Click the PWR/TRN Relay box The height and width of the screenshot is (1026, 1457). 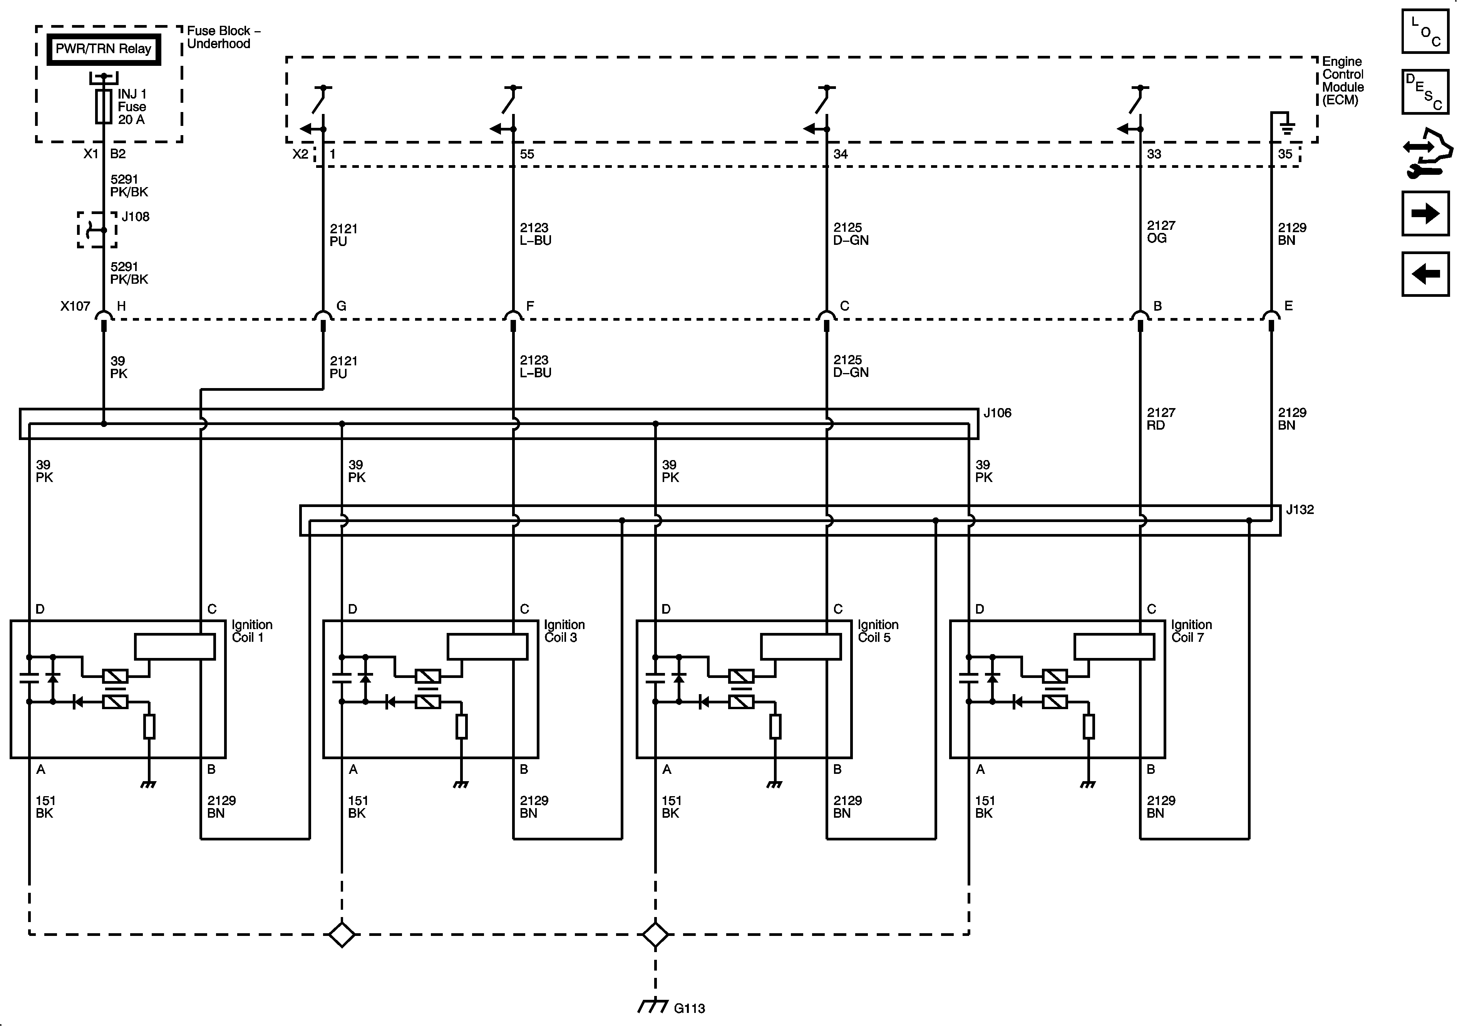(104, 49)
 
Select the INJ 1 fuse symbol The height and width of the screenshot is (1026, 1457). (104, 106)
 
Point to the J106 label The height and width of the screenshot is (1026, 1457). (997, 413)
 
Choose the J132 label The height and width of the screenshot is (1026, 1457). (1300, 509)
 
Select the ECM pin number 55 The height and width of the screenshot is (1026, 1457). (527, 154)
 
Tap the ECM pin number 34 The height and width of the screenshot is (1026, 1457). (840, 154)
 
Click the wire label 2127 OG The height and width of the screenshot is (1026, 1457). (1161, 232)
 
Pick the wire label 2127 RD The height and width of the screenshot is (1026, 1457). (1161, 419)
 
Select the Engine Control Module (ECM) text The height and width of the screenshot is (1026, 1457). (1342, 80)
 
